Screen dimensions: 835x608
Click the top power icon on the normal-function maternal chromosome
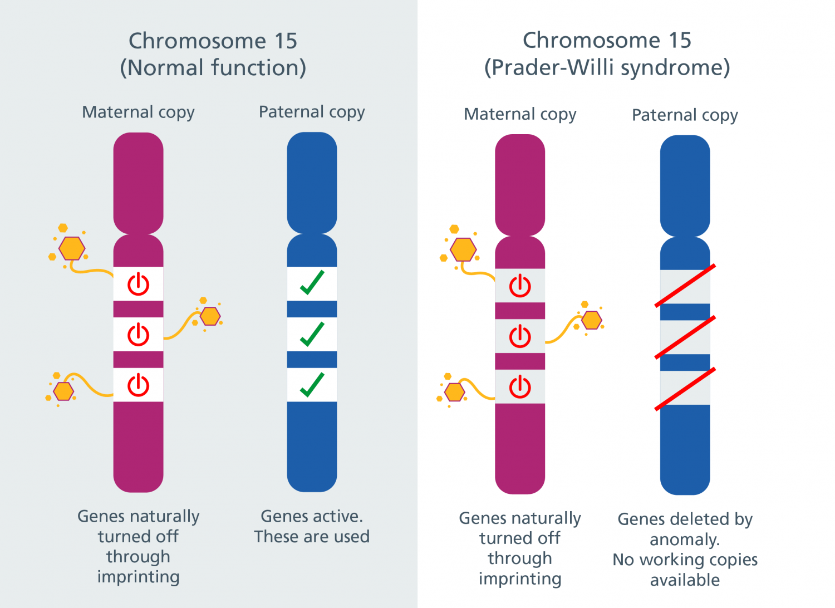pyautogui.click(x=138, y=284)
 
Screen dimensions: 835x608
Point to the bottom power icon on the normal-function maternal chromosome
pyautogui.click(x=138, y=385)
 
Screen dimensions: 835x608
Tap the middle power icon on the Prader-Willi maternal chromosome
pyautogui.click(x=520, y=336)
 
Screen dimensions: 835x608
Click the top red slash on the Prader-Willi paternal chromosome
pyautogui.click(x=685, y=286)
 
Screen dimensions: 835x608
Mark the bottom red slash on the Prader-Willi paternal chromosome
pyautogui.click(x=685, y=389)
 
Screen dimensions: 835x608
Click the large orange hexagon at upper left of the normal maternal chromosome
pyautogui.click(x=72, y=248)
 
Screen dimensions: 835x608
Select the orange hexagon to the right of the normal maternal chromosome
pyautogui.click(x=210, y=316)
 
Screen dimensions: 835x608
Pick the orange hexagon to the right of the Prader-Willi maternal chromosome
pyautogui.click(x=592, y=320)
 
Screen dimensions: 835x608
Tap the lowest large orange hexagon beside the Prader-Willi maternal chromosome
pyautogui.click(x=454, y=392)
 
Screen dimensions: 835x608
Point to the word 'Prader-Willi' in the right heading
pyautogui.click(x=553, y=67)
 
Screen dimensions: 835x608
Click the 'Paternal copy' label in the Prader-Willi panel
pyautogui.click(x=685, y=116)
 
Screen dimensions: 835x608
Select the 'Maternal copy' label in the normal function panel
pyautogui.click(x=138, y=112)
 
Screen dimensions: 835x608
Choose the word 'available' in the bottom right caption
pyautogui.click(x=685, y=580)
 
